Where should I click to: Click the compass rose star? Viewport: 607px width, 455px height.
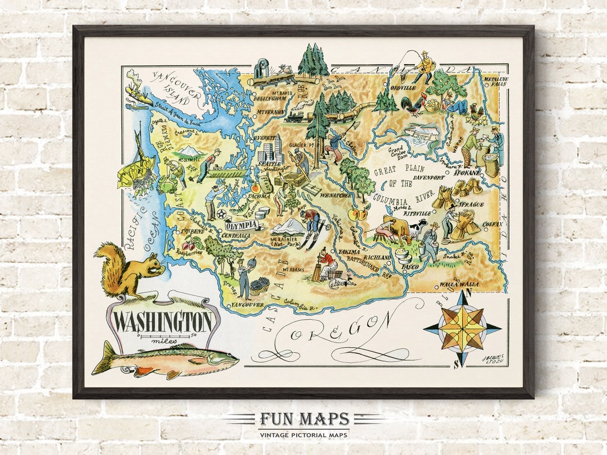463,327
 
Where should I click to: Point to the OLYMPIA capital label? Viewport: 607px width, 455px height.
242,224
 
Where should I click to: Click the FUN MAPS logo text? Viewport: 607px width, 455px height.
304,419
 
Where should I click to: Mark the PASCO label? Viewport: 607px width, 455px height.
410,266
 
